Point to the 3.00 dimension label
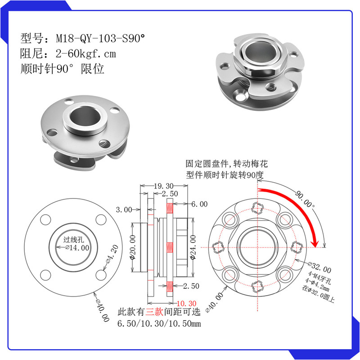124,209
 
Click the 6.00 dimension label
199,204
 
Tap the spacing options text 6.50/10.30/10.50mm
159,324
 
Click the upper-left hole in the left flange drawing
46,220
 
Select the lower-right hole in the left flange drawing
101,274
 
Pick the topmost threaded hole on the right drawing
257,207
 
